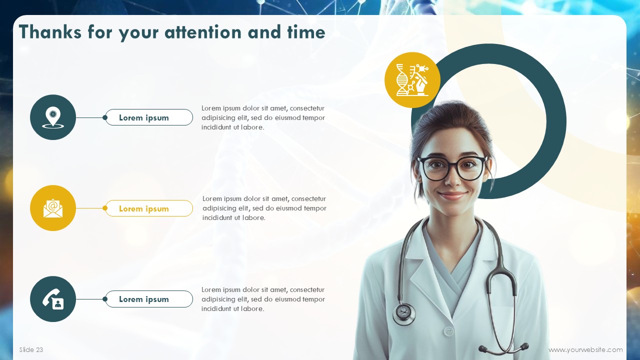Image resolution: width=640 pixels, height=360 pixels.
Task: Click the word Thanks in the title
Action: click(50, 31)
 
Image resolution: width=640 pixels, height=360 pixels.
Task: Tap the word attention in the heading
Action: click(203, 32)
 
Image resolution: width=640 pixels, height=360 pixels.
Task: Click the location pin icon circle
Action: click(53, 117)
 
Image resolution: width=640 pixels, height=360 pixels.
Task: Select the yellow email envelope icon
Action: click(53, 208)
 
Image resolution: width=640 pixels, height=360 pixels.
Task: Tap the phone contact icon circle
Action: click(53, 299)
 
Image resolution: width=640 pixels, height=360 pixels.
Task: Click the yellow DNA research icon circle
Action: click(412, 80)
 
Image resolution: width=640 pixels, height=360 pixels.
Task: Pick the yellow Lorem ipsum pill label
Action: click(149, 208)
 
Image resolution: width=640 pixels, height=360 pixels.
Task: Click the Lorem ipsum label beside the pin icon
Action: click(149, 117)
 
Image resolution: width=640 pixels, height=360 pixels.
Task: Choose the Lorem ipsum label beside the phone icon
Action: click(149, 299)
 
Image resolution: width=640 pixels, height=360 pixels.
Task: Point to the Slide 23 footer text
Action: click(31, 349)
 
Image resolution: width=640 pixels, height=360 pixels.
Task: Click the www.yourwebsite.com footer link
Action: click(585, 349)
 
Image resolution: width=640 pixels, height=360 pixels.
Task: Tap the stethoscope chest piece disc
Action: click(403, 313)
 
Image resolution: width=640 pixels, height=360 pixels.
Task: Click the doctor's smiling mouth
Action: click(452, 195)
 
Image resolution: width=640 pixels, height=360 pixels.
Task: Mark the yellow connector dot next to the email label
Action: click(105, 208)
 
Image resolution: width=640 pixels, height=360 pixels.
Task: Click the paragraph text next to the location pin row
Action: click(263, 117)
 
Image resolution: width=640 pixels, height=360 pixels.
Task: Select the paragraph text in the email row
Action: click(264, 208)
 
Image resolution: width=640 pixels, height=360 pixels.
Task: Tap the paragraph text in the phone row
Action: click(263, 299)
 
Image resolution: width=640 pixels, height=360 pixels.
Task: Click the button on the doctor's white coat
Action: click(449, 331)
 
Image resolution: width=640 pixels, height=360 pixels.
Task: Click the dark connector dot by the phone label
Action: click(105, 299)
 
